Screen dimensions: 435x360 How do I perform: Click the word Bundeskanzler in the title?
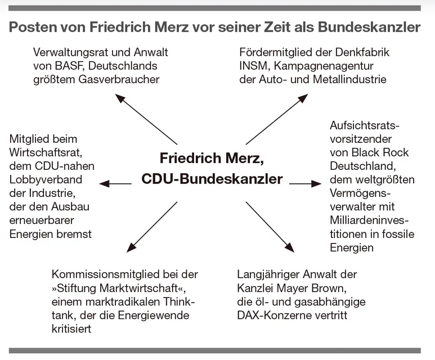[369, 27]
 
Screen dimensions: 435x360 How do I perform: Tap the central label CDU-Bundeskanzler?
[212, 179]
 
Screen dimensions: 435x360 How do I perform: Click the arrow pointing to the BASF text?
[146, 119]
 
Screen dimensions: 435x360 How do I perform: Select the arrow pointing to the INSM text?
[277, 119]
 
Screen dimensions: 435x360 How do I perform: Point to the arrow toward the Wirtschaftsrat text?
[115, 183]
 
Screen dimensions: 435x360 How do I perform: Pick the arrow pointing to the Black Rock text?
[306, 183]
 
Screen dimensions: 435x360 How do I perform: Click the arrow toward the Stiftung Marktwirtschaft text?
[152, 227]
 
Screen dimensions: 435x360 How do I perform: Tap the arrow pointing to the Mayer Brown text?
[270, 227]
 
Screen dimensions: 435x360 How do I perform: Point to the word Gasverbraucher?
[119, 80]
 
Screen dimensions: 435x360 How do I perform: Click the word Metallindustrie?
[349, 80]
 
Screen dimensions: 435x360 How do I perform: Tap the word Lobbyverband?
[46, 180]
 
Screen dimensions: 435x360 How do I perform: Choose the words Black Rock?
[380, 152]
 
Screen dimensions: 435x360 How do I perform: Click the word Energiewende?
[154, 316]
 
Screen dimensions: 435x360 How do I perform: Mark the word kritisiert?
[71, 329]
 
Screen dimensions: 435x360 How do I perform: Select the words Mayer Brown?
[312, 289]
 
